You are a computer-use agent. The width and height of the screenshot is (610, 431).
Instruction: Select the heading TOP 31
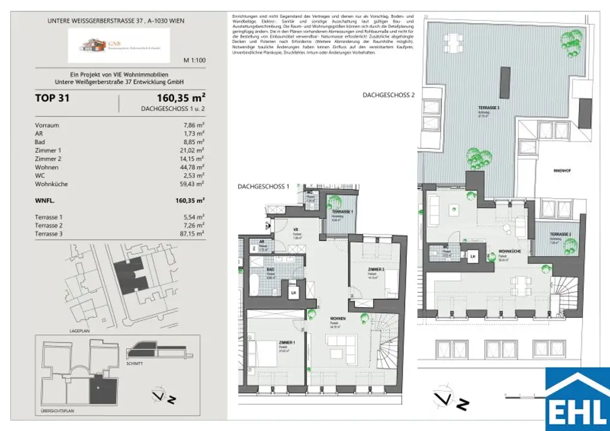(x=52, y=98)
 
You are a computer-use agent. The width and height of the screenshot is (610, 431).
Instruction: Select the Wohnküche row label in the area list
(x=52, y=184)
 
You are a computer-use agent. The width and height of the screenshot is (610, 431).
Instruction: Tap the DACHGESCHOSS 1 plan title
(x=263, y=186)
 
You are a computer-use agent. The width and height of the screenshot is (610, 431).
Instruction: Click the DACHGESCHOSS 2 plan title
(x=388, y=95)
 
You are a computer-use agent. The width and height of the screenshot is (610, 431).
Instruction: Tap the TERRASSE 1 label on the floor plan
(x=342, y=212)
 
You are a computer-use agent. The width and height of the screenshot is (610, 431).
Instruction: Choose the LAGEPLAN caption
(x=79, y=329)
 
